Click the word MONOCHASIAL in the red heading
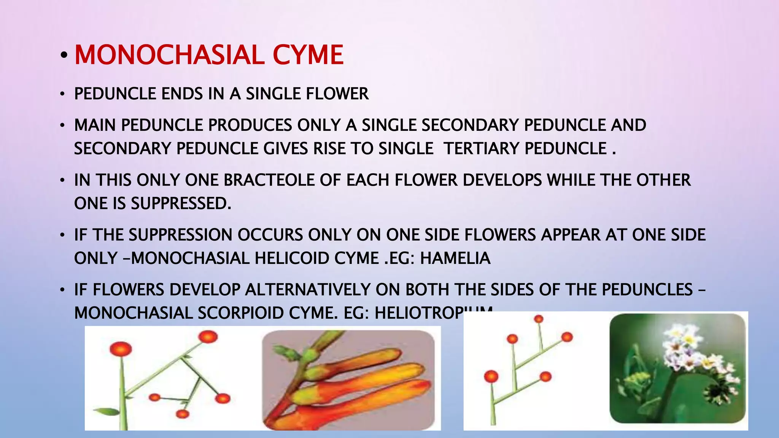click(169, 55)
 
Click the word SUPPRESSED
click(181, 204)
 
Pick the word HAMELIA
click(455, 259)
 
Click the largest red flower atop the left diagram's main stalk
click(121, 349)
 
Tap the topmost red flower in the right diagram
click(539, 319)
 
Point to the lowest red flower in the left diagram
click(183, 414)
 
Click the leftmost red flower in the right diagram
click(491, 376)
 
